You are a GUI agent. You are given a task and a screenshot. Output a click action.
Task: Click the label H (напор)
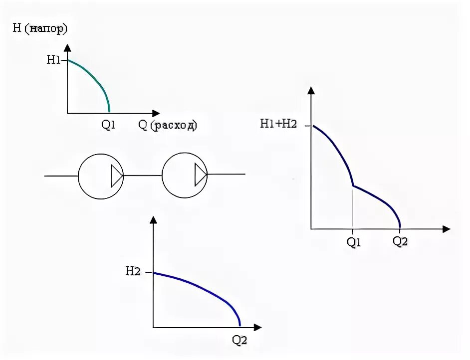[x=40, y=28]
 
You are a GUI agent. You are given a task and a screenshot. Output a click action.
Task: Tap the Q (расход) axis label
[x=168, y=125]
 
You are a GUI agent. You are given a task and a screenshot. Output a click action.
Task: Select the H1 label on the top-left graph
[x=53, y=60]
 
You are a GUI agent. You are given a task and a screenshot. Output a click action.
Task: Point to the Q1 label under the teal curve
[x=108, y=126]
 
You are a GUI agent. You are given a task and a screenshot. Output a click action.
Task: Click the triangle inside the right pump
[x=200, y=175]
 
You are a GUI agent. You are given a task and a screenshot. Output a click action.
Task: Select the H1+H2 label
[x=278, y=125]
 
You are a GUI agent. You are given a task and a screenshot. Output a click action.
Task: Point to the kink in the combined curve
[x=353, y=186]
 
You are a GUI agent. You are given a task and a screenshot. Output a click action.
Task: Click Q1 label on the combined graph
[x=353, y=242]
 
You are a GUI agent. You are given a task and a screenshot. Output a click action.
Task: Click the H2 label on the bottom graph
[x=133, y=272]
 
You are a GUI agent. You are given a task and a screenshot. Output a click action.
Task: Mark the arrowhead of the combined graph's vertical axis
[x=311, y=91]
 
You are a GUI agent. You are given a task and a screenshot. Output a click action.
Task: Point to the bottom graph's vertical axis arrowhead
[x=154, y=220]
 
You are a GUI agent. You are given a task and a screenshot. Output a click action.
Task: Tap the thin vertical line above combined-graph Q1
[x=353, y=209]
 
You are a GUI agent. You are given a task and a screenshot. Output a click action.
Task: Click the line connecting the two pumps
[x=143, y=175]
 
